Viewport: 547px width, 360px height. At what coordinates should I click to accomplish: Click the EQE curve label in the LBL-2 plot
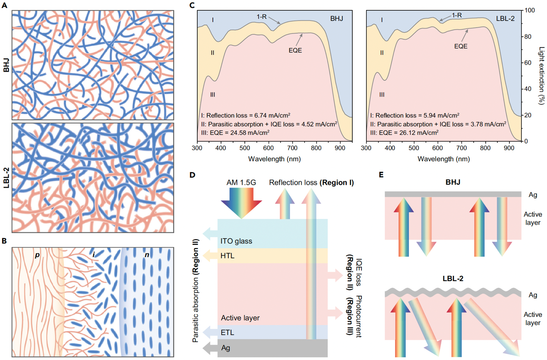pos(461,45)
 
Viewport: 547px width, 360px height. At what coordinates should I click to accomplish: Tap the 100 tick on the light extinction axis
pos(532,10)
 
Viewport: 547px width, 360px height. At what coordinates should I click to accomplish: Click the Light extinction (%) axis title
pos(542,76)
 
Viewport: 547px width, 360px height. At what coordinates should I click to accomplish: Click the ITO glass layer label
pos(236,241)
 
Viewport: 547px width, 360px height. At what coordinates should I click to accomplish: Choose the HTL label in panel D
pos(227,256)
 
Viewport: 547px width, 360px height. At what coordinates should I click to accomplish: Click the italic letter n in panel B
pos(147,256)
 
